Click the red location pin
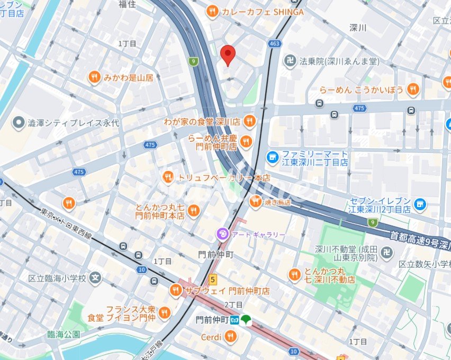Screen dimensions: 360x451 pos(228,54)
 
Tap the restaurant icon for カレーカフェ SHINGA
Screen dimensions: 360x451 pos(212,12)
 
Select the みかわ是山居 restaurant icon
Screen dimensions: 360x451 pos(94,77)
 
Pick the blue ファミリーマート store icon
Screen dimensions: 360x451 pos(273,157)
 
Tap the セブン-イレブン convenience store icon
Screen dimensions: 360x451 pos(420,204)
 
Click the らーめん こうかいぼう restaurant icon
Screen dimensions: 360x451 pos(413,89)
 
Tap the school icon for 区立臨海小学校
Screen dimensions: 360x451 pos(95,276)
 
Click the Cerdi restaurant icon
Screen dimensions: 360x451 pos(230,336)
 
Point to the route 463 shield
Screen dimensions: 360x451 pos(274,44)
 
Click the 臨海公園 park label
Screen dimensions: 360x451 pos(63,334)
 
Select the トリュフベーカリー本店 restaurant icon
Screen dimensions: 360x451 pos(168,177)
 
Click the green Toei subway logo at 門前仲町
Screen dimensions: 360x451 pos(245,320)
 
